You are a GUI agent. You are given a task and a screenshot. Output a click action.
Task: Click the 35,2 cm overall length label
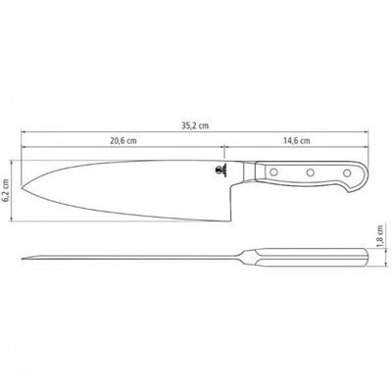[x=195, y=125]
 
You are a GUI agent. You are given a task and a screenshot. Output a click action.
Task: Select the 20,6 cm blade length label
[x=123, y=141]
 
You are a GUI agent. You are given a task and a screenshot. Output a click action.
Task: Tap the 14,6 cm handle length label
[x=297, y=141]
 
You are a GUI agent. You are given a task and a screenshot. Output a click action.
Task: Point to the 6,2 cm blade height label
[x=5, y=191]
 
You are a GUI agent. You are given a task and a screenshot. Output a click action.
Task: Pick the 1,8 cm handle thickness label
[x=380, y=236]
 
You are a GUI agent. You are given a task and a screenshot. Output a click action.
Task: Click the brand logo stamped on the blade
[x=221, y=171]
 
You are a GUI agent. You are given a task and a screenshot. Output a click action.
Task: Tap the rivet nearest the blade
[x=273, y=171]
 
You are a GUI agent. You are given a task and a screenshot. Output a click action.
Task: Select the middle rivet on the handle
[x=311, y=172]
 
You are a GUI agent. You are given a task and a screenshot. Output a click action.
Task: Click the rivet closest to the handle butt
[x=347, y=172]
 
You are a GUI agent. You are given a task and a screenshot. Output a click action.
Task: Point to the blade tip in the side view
[x=22, y=187]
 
